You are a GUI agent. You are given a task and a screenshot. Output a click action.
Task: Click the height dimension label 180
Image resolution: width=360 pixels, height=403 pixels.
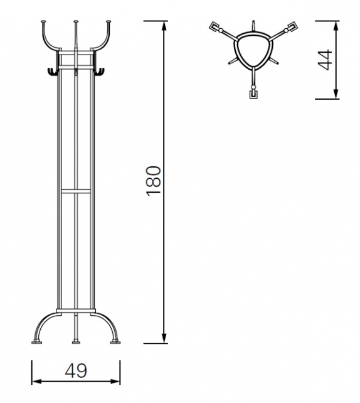coord(154,181)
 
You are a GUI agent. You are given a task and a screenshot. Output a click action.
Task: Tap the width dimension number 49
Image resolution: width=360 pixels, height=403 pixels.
coord(76,371)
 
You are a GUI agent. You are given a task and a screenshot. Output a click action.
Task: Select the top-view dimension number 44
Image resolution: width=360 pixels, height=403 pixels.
coord(325,60)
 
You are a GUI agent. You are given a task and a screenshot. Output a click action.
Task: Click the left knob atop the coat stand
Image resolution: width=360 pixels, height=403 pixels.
coord(44,23)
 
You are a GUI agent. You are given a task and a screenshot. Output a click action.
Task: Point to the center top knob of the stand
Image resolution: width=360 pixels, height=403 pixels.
coord(76,23)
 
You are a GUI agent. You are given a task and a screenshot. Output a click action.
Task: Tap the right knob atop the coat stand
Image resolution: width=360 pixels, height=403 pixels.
coord(109,23)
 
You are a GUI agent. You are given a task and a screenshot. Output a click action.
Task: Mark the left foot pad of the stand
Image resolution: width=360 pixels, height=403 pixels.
coord(36,343)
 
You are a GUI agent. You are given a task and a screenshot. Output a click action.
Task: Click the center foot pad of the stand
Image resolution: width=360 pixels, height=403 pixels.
coord(76,343)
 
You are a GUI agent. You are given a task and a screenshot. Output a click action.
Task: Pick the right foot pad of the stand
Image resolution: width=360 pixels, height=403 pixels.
coord(115,343)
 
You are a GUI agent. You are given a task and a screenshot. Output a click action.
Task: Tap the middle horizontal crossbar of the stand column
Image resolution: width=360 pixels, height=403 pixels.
coord(76,189)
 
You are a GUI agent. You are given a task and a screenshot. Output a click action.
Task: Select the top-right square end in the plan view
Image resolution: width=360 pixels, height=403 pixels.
coord(292,28)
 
